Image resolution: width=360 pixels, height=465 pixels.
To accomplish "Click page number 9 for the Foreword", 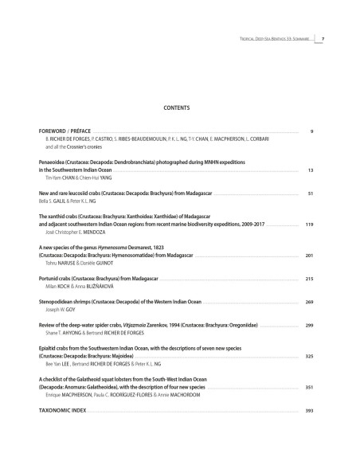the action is tap(311, 130).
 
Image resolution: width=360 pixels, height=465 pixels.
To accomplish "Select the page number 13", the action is tap(311, 170).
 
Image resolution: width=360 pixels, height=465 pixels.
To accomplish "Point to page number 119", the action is tap(309, 225).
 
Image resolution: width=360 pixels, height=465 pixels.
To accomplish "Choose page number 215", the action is tap(309, 279).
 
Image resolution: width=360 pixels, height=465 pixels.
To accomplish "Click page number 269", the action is tap(309, 303).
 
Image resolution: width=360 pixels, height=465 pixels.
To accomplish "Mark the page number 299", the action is tap(309, 326).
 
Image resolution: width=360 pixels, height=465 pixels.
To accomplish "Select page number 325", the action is tap(309, 357).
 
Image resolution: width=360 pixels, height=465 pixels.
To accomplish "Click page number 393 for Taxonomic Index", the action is tap(309, 411).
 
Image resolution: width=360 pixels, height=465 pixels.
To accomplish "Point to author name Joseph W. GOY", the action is tap(61, 311).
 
